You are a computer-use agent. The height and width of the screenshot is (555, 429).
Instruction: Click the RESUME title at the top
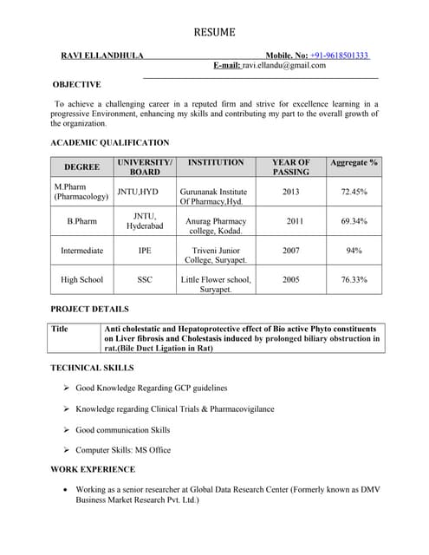[214, 32]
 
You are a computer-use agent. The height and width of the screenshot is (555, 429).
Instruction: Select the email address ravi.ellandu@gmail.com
[284, 65]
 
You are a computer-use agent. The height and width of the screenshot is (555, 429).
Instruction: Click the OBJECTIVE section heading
[76, 84]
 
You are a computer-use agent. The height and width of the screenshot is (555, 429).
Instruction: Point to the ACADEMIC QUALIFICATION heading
[110, 142]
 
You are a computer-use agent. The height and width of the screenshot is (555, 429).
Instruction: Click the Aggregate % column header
[354, 163]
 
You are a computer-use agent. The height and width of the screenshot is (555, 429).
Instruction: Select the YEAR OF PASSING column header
[290, 167]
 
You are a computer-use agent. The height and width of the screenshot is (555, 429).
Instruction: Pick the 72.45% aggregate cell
[354, 192]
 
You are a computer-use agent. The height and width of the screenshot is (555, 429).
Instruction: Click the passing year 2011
[295, 221]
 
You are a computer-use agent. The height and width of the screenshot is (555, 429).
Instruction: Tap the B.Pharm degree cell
[81, 221]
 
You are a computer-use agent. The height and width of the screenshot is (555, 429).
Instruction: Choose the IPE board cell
[145, 251]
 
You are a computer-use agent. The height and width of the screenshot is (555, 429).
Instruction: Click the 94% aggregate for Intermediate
[354, 251]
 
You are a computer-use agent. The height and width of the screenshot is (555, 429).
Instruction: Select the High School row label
[81, 280]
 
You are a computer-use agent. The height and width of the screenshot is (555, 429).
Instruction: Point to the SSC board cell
[145, 280]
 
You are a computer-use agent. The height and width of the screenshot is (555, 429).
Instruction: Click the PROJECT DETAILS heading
[89, 309]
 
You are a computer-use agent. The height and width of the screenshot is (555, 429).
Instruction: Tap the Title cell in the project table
[60, 330]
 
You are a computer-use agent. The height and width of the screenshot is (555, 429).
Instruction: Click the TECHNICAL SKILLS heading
[93, 369]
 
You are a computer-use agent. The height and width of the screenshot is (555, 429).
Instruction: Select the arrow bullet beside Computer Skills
[67, 450]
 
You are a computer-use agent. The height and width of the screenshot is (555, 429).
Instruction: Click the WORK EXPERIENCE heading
[93, 469]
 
